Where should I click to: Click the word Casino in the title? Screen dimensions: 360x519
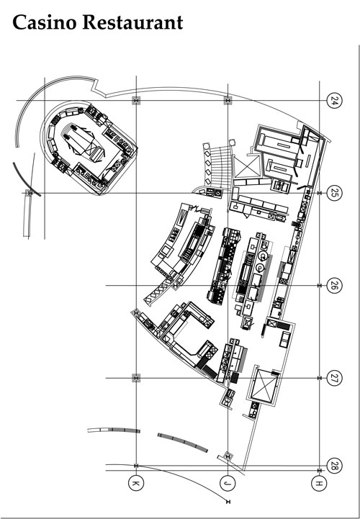click(x=45, y=22)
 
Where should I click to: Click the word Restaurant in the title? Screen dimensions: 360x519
click(x=132, y=22)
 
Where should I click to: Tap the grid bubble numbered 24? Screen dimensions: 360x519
click(x=334, y=100)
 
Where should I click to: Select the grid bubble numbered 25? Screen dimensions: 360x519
click(x=334, y=193)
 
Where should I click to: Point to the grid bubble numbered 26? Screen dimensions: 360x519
click(x=334, y=285)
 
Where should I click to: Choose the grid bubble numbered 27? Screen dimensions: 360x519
click(x=334, y=378)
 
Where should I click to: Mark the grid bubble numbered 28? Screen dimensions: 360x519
click(x=334, y=466)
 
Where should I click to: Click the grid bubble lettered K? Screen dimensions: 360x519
click(x=136, y=483)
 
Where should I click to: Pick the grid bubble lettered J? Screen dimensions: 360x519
click(x=228, y=483)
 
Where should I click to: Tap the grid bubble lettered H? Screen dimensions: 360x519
click(x=319, y=483)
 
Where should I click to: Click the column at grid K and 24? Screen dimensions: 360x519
click(x=136, y=100)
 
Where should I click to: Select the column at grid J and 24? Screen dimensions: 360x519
click(x=228, y=100)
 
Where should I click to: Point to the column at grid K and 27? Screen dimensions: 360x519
click(x=136, y=378)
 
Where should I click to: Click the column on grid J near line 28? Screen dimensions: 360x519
click(x=228, y=456)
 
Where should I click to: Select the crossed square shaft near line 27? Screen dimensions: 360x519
click(x=264, y=384)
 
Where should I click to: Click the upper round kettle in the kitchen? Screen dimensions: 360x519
click(x=263, y=256)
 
